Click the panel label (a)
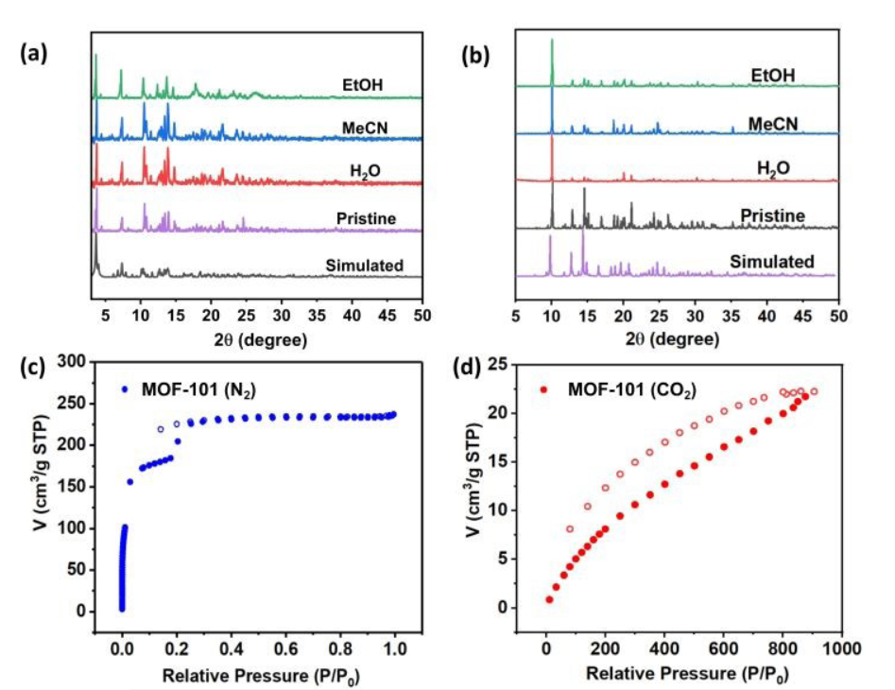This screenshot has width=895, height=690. (x=34, y=55)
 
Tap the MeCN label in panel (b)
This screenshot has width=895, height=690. (x=771, y=125)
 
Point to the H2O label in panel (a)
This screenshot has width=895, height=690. (x=363, y=171)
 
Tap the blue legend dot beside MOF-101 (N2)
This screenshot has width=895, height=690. (x=125, y=388)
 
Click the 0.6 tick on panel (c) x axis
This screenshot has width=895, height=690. (x=285, y=651)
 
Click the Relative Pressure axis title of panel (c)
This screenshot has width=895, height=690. (x=258, y=676)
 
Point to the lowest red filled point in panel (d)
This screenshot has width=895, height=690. (x=548, y=599)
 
